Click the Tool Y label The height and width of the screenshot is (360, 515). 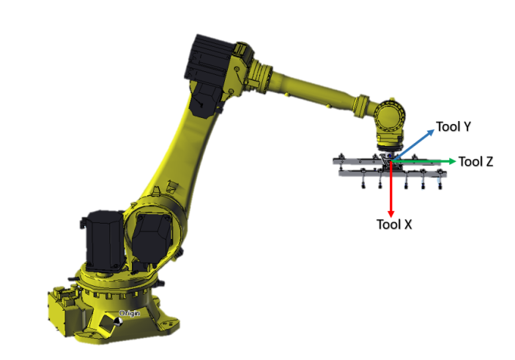tap(453, 127)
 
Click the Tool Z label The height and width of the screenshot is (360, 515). tap(475, 162)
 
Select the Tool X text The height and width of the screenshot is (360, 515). tap(394, 224)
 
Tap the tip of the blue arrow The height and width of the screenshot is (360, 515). tap(434, 130)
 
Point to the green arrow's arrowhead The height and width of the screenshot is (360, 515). tap(453, 161)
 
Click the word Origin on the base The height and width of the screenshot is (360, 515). tap(130, 313)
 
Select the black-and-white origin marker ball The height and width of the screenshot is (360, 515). tap(119, 322)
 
